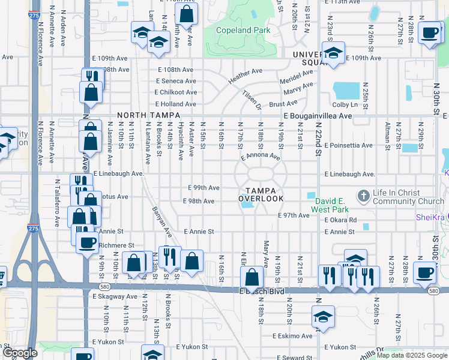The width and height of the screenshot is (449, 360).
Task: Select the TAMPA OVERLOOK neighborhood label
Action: [261, 194]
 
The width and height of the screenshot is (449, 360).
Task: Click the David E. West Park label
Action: [335, 206]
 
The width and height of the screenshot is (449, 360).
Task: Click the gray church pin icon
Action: [363, 196]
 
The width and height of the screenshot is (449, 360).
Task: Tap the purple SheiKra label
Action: [432, 218]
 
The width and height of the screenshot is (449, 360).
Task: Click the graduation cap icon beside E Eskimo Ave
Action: [323, 316]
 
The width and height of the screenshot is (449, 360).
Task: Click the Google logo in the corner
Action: [19, 353]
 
